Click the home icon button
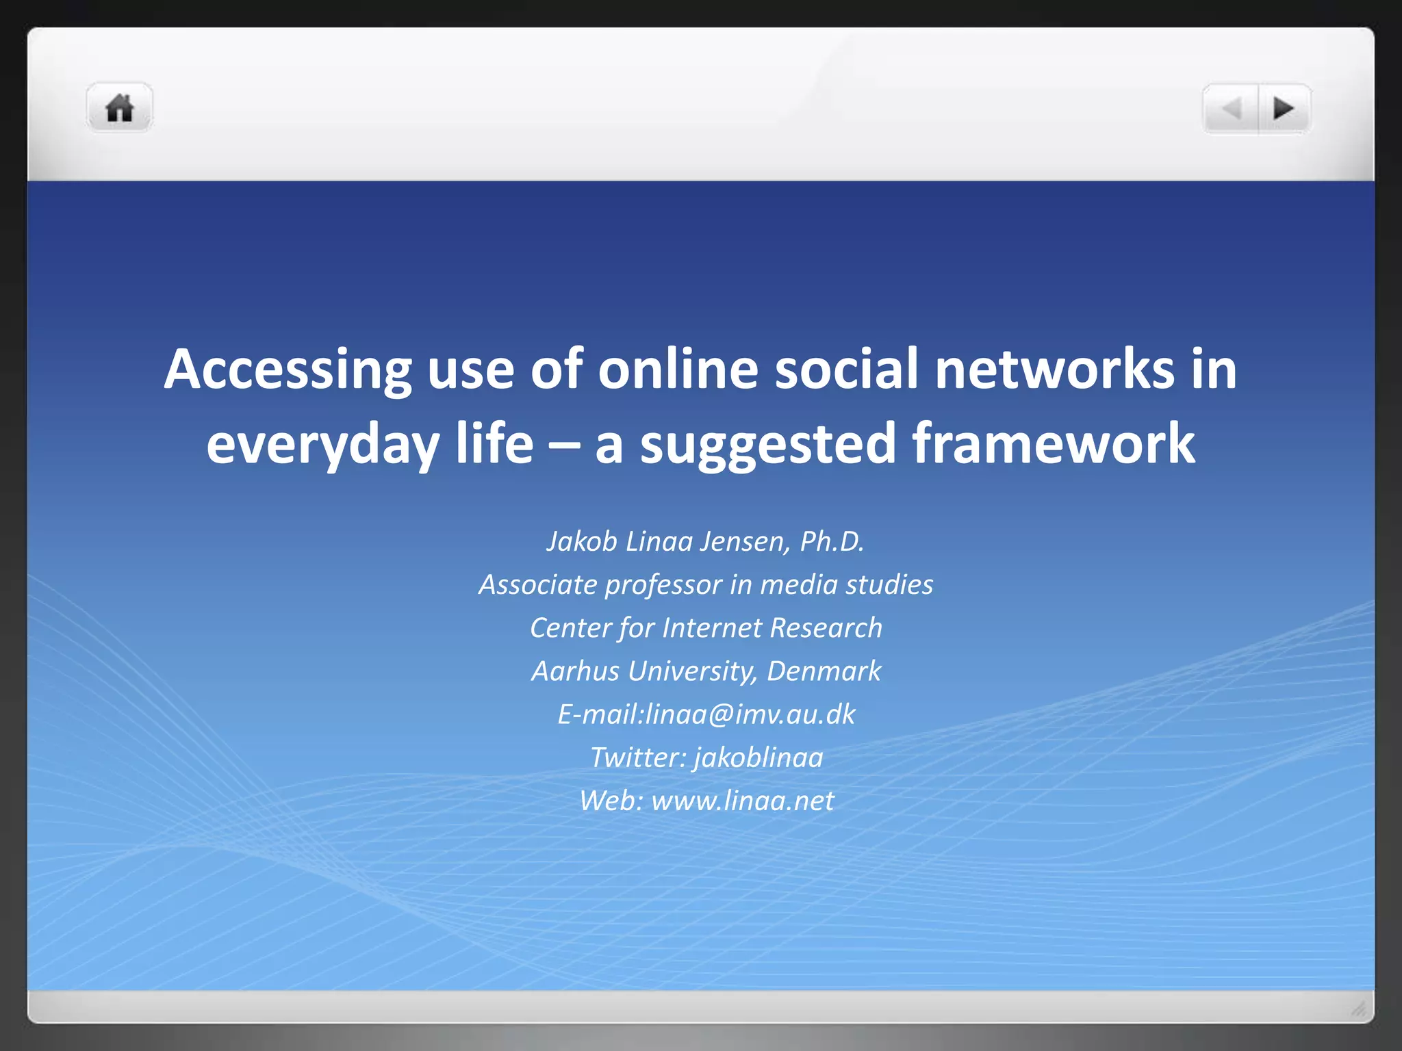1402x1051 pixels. coord(119,108)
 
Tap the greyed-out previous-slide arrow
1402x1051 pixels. coord(1232,108)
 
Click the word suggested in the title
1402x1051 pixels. coord(767,444)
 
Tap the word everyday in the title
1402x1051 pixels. coord(322,444)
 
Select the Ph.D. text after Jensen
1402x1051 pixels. coord(832,541)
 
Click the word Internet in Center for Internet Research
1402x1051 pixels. coord(712,628)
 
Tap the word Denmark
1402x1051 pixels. coord(824,671)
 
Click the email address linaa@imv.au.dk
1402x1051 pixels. coord(750,714)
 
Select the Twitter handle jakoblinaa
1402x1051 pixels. coord(758,757)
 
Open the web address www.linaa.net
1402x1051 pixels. coord(743,801)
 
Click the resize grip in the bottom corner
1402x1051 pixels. coord(1358,1009)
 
